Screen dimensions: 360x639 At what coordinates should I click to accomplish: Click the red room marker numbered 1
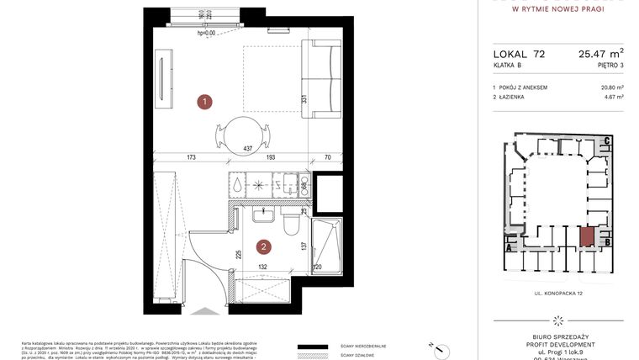(x=204, y=102)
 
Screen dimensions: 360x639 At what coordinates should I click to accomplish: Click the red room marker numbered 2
(x=264, y=247)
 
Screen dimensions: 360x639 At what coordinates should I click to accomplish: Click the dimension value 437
(x=247, y=149)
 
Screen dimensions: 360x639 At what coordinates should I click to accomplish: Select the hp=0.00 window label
(x=206, y=33)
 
